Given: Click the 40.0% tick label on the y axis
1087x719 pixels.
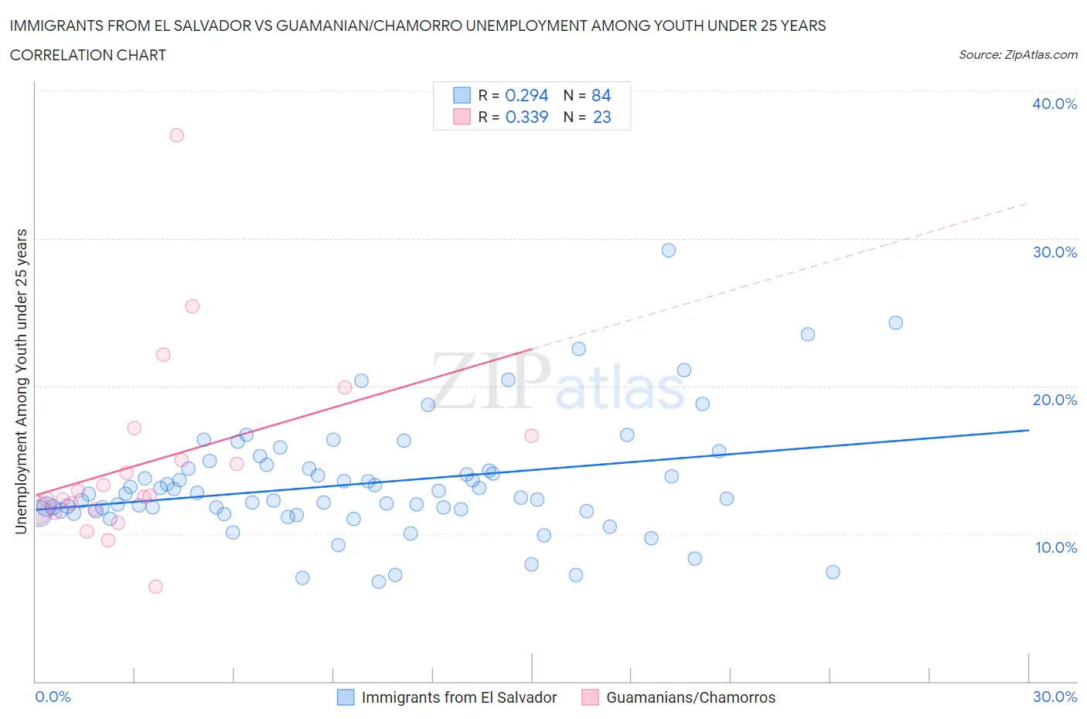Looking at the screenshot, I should (x=1054, y=104).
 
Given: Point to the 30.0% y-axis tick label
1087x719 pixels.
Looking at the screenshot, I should (x=1054, y=252).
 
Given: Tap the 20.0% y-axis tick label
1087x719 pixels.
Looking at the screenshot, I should (x=1054, y=400).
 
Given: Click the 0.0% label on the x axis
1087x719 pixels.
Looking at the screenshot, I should (x=53, y=697).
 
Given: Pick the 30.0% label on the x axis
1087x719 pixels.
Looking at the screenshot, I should (x=1055, y=697).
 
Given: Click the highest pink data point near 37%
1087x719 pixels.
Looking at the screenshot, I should (x=176, y=135).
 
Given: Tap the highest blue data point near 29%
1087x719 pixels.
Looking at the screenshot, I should (x=669, y=250).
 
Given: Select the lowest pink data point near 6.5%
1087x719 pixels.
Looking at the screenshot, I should (x=155, y=587).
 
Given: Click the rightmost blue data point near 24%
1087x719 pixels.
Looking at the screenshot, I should (x=895, y=323).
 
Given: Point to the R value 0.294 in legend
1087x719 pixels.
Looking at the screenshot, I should (x=526, y=95).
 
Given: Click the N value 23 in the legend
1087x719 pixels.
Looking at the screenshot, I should (x=601, y=117).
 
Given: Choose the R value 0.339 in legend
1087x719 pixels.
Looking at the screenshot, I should (x=526, y=117).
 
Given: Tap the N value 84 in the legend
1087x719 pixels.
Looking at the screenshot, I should (x=601, y=95).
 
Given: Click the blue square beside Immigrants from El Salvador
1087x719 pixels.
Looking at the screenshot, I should (x=346, y=697).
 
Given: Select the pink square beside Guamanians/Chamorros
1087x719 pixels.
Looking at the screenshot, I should (x=590, y=697).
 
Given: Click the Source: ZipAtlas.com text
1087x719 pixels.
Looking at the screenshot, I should (x=1017, y=55).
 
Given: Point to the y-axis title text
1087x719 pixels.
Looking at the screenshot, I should (x=21, y=381).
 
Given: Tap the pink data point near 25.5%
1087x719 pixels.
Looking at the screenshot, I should (x=192, y=306).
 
